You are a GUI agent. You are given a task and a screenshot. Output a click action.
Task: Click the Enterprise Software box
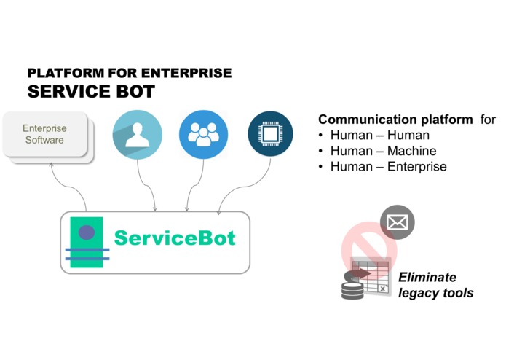(45, 135)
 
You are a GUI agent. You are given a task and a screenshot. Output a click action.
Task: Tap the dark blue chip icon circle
(270, 134)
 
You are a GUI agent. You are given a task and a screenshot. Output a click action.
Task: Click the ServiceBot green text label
(175, 238)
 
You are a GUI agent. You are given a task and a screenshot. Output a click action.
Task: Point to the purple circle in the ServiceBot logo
(87, 233)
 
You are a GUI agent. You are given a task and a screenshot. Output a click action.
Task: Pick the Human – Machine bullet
(383, 151)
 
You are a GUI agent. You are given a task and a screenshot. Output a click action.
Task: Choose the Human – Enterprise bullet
(388, 167)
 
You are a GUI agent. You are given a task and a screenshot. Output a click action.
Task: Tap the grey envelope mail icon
(397, 223)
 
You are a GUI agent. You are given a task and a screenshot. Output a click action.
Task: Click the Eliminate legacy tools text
(435, 285)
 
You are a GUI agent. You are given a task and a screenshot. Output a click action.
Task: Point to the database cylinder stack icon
(353, 286)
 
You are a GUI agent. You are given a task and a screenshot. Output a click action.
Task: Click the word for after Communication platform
(488, 120)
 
